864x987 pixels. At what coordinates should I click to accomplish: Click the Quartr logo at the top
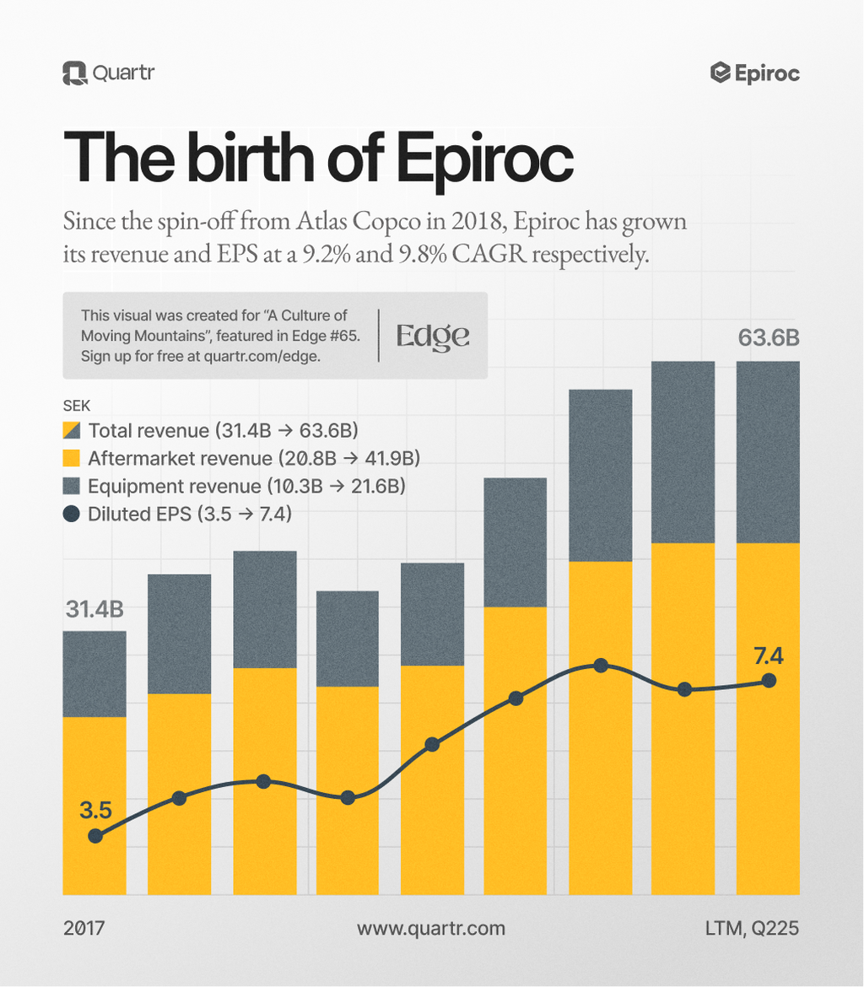click(108, 73)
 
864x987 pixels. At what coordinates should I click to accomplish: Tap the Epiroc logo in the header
click(755, 73)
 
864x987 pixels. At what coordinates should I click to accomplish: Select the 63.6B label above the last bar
click(768, 338)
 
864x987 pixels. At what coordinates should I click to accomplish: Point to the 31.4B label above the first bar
click(94, 609)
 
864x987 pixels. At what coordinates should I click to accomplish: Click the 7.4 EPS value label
click(769, 655)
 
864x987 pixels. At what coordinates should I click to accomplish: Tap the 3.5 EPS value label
click(95, 811)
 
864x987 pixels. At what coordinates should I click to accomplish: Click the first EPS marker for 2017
click(95, 836)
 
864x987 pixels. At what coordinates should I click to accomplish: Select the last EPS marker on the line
click(769, 681)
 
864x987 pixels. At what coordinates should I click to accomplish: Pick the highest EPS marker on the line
click(601, 666)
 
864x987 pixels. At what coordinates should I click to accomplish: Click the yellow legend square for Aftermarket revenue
click(72, 459)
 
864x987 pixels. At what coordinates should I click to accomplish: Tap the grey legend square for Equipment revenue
click(72, 487)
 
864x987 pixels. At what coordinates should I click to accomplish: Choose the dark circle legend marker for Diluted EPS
click(72, 514)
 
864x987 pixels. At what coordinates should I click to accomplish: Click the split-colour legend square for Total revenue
click(72, 431)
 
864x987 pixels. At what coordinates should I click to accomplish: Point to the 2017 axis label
click(84, 929)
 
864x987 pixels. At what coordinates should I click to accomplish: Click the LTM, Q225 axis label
click(752, 929)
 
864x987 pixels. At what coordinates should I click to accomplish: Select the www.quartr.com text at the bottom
click(431, 929)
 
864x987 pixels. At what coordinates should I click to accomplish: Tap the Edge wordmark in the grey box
click(433, 336)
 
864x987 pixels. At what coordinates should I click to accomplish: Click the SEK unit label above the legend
click(77, 405)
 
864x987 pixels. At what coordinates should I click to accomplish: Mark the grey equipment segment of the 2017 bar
click(94, 674)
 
